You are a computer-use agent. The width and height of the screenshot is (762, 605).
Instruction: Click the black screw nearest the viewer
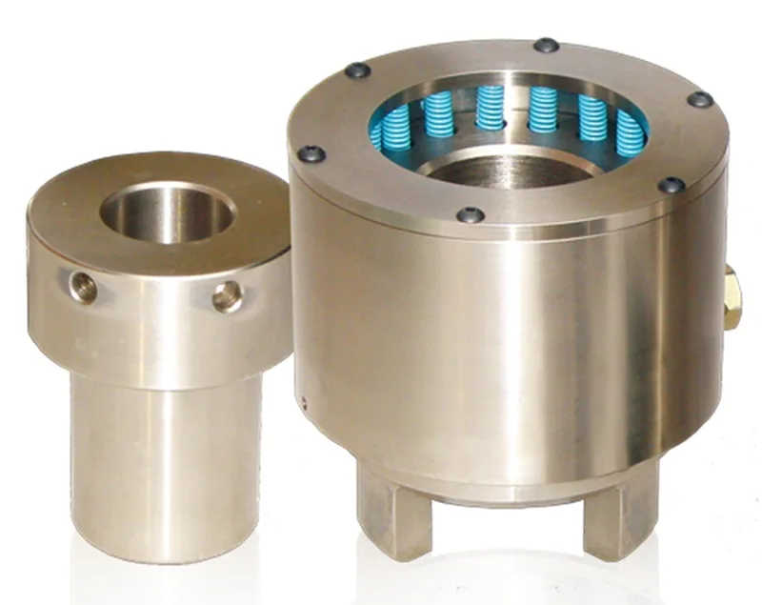pyautogui.click(x=468, y=215)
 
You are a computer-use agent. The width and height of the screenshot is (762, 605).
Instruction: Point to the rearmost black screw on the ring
pyautogui.click(x=546, y=45)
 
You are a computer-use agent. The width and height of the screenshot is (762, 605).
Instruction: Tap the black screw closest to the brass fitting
pyautogui.click(x=672, y=185)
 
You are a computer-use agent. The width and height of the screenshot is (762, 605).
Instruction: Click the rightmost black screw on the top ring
pyautogui.click(x=700, y=99)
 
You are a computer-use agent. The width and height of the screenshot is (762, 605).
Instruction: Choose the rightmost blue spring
pyautogui.click(x=630, y=132)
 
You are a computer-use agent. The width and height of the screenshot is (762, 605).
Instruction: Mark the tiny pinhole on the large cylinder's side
pyautogui.click(x=304, y=401)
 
